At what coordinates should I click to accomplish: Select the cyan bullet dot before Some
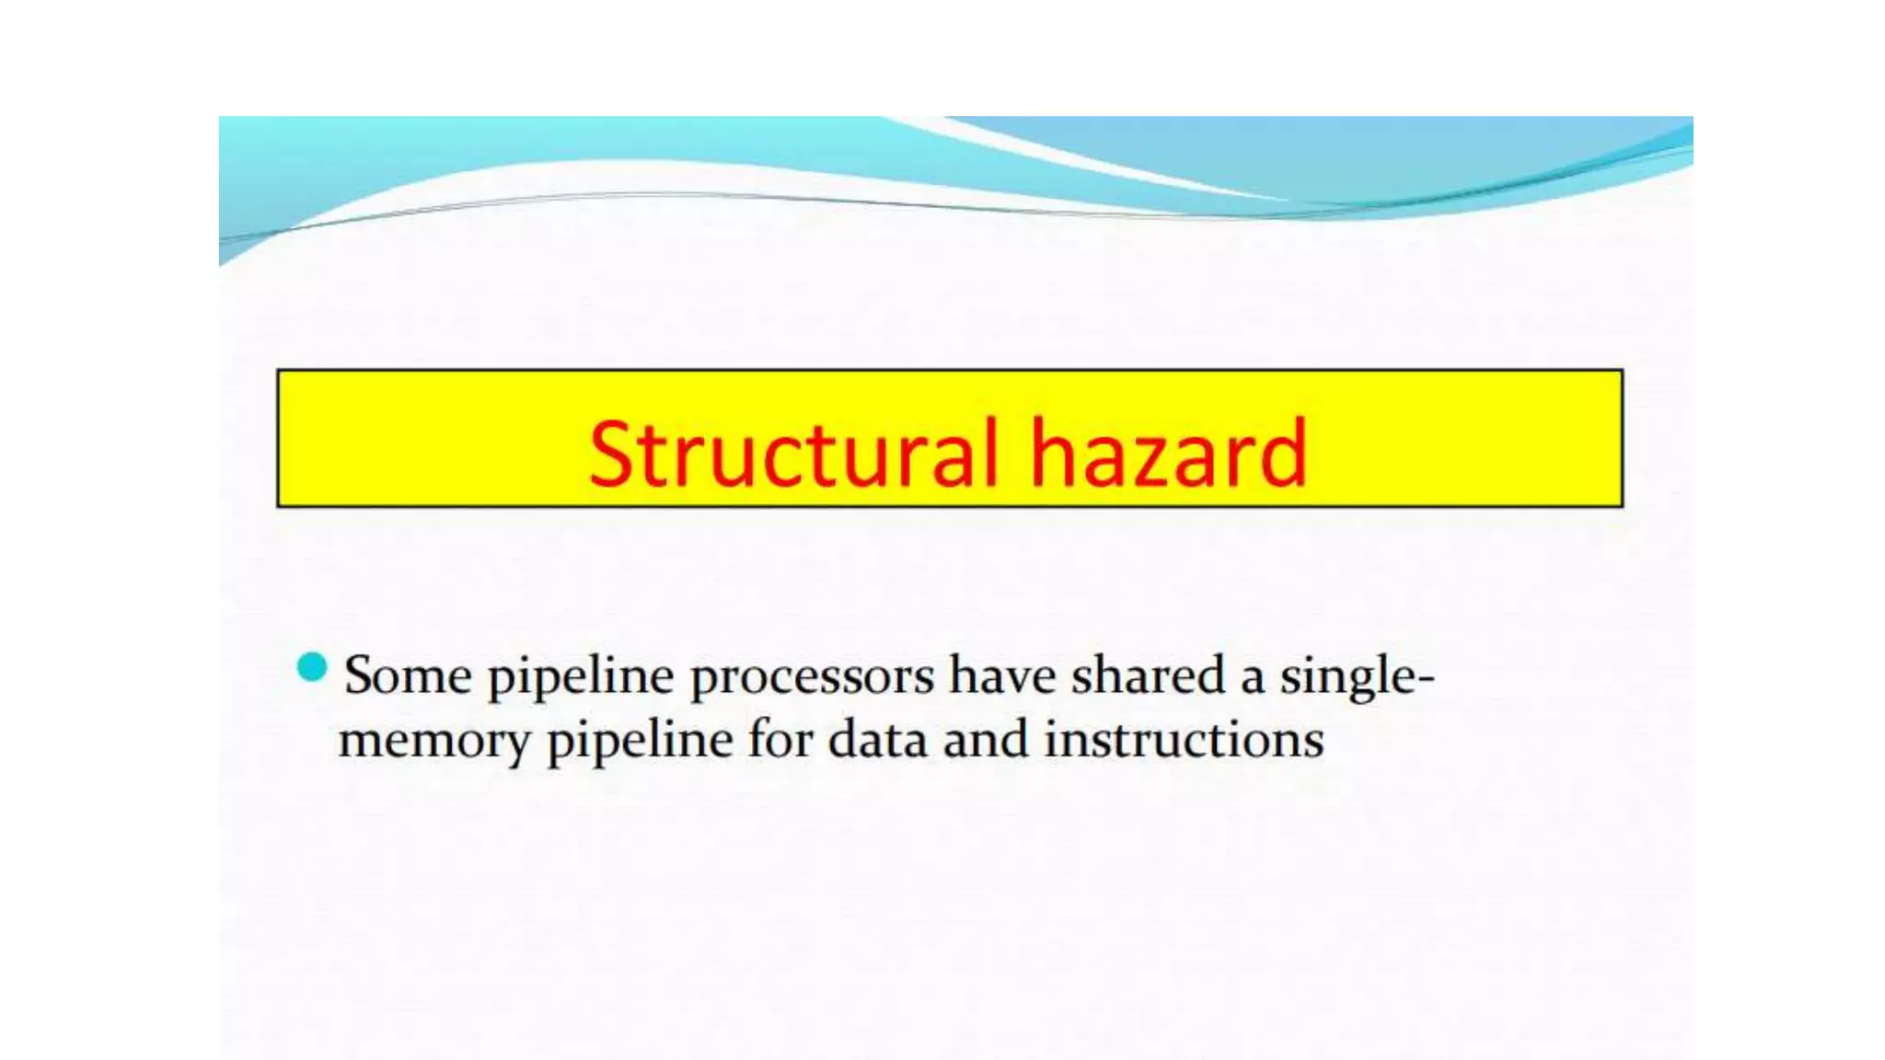pyautogui.click(x=313, y=667)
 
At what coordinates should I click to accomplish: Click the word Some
pyautogui.click(x=408, y=675)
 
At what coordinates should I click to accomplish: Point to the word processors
pyautogui.click(x=812, y=679)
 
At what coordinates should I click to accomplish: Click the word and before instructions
pyautogui.click(x=985, y=740)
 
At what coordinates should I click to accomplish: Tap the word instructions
pyautogui.click(x=1184, y=740)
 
